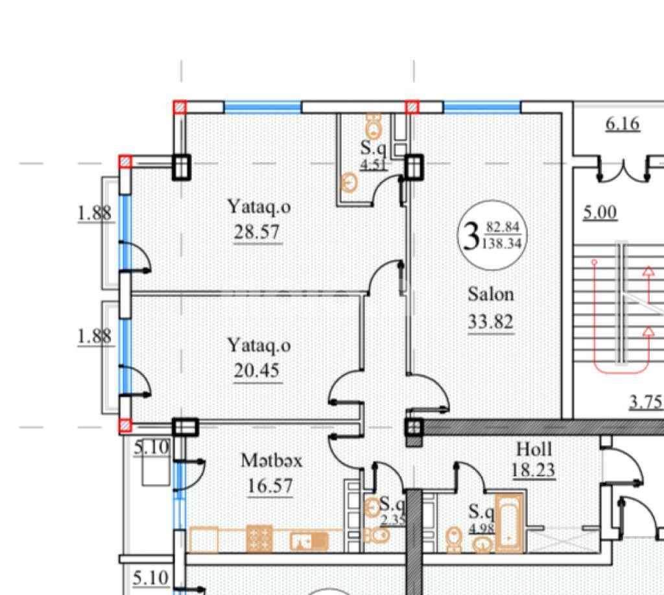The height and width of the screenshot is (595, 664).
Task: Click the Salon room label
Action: [x=491, y=294]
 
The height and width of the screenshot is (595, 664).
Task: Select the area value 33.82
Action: [x=491, y=321]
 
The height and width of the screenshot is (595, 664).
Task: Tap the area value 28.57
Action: [x=257, y=232]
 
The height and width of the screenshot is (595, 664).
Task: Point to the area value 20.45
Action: [x=257, y=371]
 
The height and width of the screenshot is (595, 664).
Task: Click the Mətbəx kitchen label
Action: [x=272, y=460]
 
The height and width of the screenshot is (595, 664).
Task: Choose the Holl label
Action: [x=534, y=449]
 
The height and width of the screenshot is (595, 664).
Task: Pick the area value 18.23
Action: [x=534, y=470]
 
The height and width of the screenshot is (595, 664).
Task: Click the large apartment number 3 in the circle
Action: [x=471, y=237]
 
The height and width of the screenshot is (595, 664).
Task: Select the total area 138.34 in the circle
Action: [x=502, y=244]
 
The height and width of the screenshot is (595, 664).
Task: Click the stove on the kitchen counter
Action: [x=259, y=538]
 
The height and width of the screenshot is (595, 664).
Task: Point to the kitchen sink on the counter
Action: [x=309, y=541]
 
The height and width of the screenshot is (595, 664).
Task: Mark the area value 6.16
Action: [x=622, y=124]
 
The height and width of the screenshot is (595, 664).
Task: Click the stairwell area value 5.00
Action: [x=600, y=213]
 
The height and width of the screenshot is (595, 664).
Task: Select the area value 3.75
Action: [x=645, y=402]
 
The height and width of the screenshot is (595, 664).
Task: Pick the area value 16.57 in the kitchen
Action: [x=270, y=486]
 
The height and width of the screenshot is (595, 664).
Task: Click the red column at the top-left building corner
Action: [x=180, y=107]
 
